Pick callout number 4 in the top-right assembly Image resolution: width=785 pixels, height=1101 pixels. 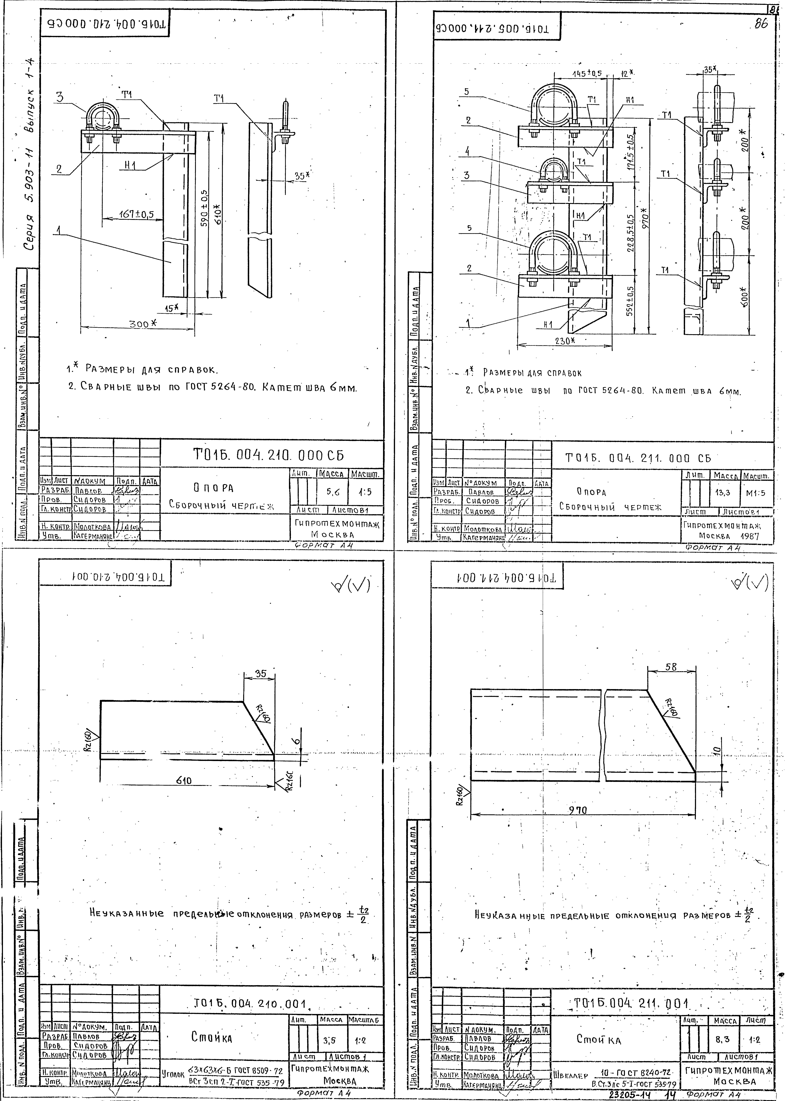click(467, 151)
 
